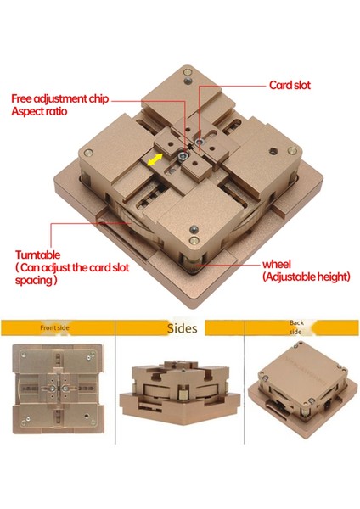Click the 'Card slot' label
[290, 85]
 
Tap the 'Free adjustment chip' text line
[60, 98]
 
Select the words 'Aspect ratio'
[39, 111]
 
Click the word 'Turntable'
[37, 255]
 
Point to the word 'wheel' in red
[277, 264]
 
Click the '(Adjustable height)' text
[307, 277]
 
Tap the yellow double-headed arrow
[155, 159]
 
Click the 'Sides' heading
[183, 328]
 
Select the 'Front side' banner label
[54, 327]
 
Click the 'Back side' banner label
[296, 327]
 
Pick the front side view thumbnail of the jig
[59, 389]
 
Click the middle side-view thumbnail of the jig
[180, 390]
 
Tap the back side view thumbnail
[301, 389]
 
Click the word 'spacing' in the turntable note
[36, 280]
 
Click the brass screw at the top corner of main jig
[188, 72]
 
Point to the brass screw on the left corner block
[88, 153]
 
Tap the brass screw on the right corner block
[292, 150]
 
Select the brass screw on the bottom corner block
[194, 241]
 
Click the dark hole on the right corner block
[273, 151]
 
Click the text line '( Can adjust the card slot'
[72, 267]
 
